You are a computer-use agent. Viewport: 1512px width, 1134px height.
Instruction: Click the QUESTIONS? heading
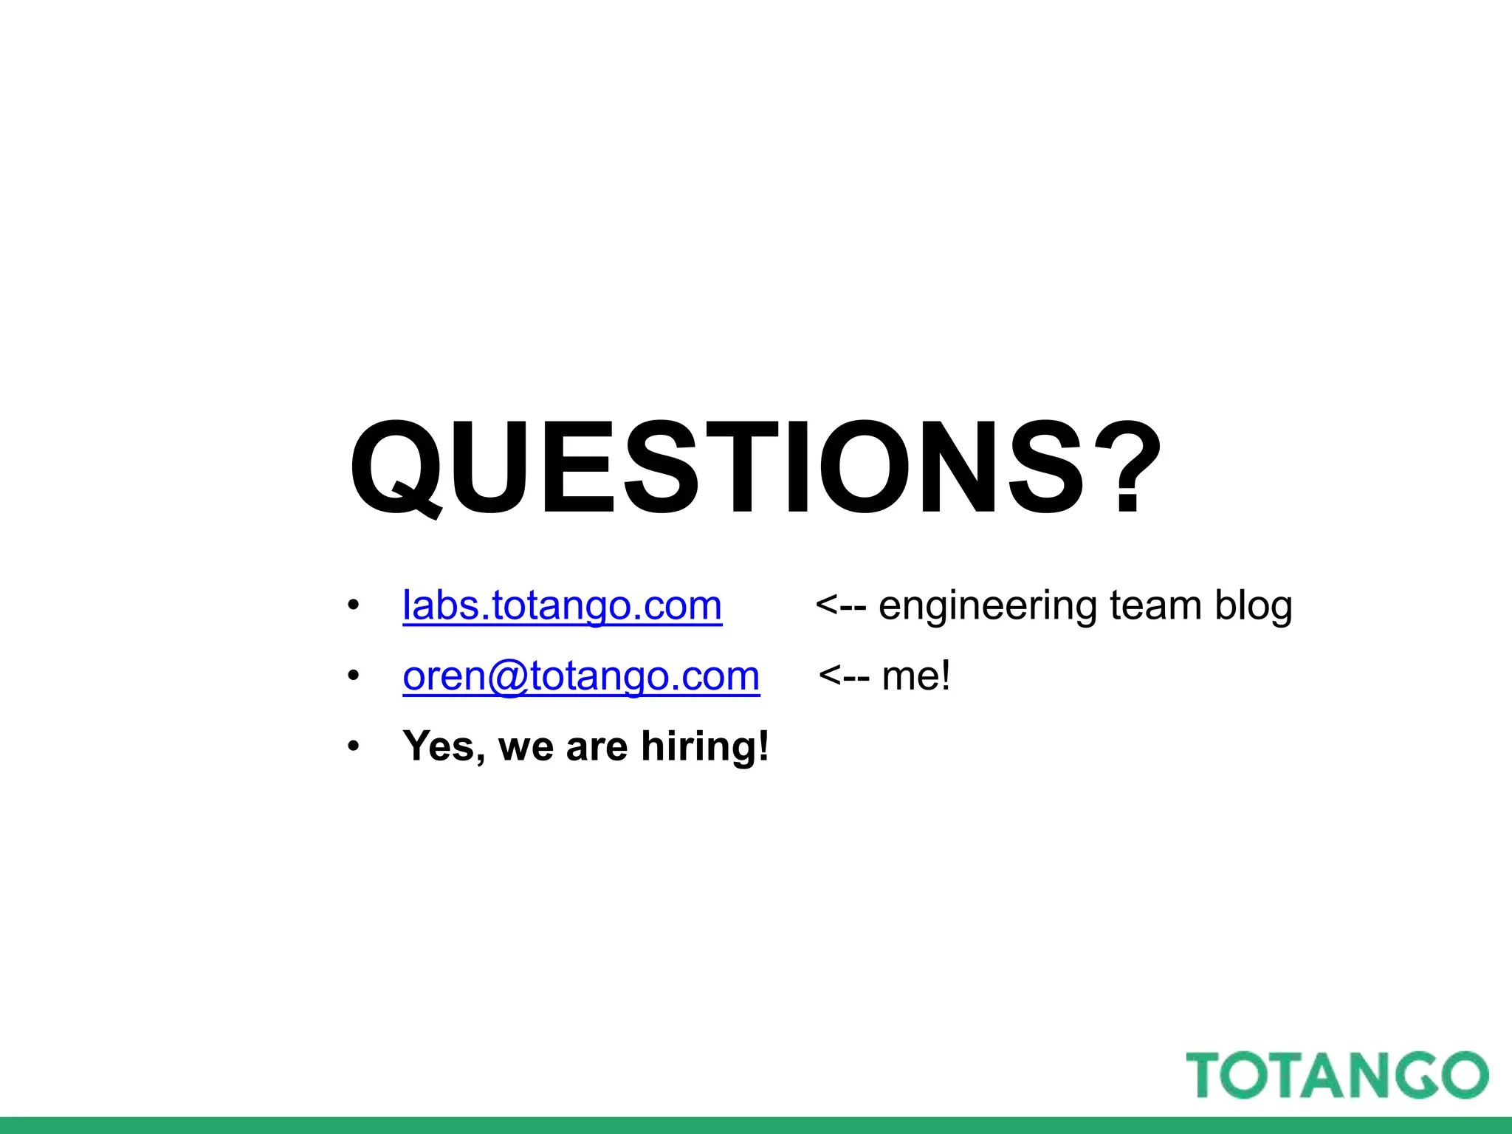pyautogui.click(x=755, y=467)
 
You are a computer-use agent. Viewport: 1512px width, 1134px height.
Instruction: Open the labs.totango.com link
pyautogui.click(x=562, y=606)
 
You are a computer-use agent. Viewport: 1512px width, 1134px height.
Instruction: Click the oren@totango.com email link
pyautogui.click(x=581, y=676)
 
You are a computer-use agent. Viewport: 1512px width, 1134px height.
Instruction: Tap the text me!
pyautogui.click(x=916, y=676)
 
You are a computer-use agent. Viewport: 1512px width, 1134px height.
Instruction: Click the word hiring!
pyautogui.click(x=705, y=746)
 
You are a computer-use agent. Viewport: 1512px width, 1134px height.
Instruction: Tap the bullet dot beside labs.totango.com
pyautogui.click(x=354, y=606)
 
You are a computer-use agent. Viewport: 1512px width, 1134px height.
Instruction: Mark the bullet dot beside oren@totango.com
pyautogui.click(x=354, y=676)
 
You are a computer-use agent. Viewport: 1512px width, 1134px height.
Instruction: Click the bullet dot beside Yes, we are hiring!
pyautogui.click(x=354, y=746)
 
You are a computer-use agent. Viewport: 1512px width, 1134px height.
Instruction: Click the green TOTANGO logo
pyautogui.click(x=1337, y=1075)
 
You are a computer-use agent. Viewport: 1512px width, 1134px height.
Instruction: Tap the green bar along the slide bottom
pyautogui.click(x=756, y=1125)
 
